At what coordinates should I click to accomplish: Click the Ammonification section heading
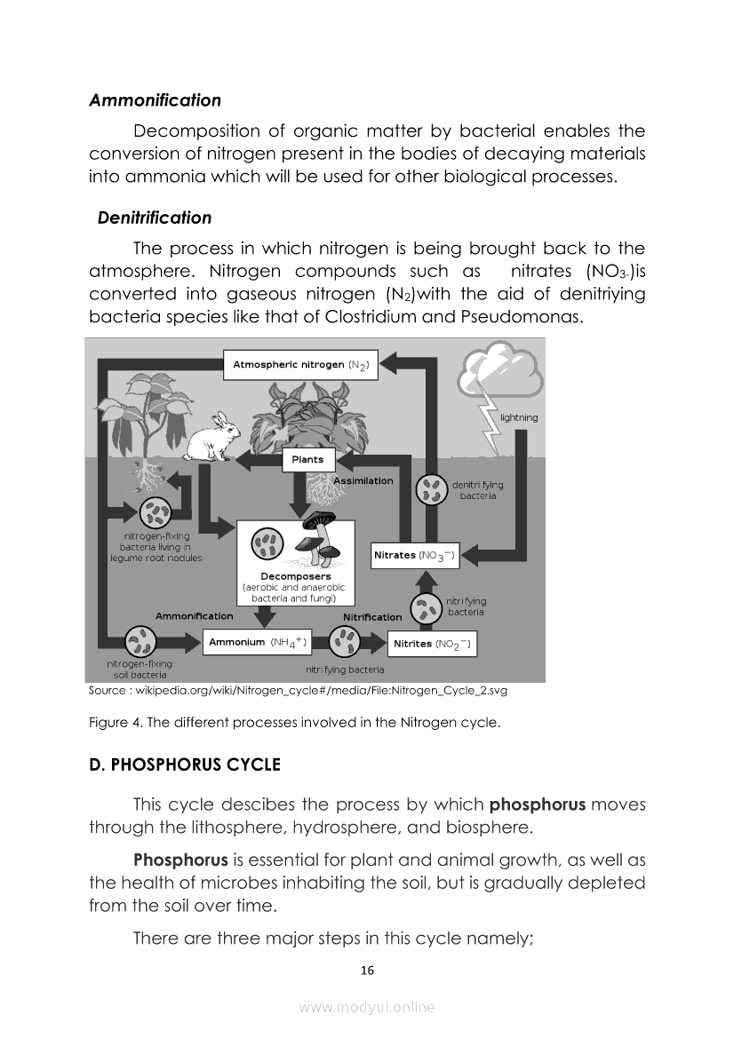(x=155, y=100)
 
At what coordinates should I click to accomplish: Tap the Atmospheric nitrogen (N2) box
(x=300, y=364)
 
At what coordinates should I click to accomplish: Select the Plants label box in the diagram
(x=307, y=459)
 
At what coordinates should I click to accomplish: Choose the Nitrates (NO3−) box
(x=414, y=556)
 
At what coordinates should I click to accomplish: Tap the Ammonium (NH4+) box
(x=257, y=642)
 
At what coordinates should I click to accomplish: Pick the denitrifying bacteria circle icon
(x=433, y=490)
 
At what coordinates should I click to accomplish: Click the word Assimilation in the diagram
(x=363, y=480)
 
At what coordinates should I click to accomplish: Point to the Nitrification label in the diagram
(x=372, y=617)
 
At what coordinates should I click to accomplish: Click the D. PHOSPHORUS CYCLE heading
(x=185, y=765)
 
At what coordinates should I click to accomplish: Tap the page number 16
(x=367, y=971)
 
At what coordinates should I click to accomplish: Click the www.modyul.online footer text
(x=367, y=1007)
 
